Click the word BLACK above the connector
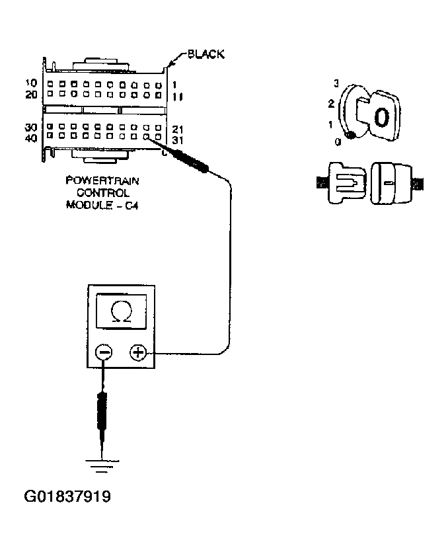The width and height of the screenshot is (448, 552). [x=205, y=55]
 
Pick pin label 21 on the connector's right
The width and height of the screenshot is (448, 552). [x=177, y=129]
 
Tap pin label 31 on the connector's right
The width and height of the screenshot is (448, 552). [x=177, y=139]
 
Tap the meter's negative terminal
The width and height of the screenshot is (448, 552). [x=104, y=353]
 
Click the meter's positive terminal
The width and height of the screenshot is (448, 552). [x=138, y=353]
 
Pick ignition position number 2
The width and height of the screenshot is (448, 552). [x=332, y=104]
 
